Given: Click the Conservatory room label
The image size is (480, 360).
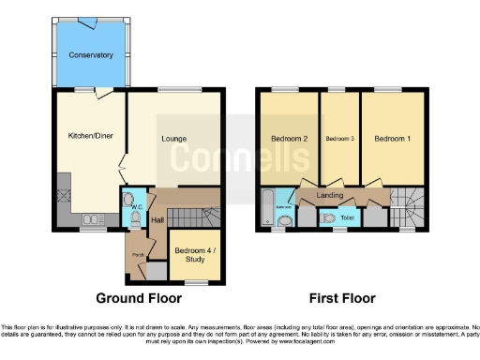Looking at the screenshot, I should tap(91, 55).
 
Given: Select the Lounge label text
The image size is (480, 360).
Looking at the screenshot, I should tap(173, 140).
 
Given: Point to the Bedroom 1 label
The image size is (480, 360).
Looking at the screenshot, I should tap(391, 139).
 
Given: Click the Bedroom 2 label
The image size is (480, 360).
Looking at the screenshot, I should tap(291, 139).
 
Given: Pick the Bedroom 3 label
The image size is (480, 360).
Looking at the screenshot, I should tap(338, 139).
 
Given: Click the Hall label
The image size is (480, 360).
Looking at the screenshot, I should tap(158, 219).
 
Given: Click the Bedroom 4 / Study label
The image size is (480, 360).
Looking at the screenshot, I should tap(195, 255).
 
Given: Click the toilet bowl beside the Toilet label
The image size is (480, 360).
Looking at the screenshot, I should tap(328, 217).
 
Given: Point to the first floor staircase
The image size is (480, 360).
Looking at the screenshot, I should tap(405, 201).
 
